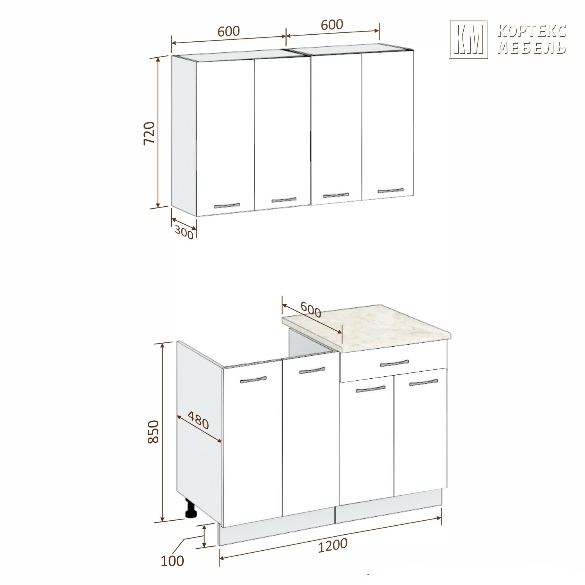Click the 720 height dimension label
tap(150, 133)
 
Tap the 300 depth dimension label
tap(184, 232)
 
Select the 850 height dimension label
tap(154, 431)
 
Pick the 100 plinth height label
tap(172, 561)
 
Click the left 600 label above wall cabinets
tap(229, 31)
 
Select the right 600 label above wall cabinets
tap(332, 24)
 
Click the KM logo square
tap(468, 39)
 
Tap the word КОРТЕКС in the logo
tap(532, 31)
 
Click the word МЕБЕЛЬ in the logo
tap(532, 48)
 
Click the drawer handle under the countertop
tap(394, 363)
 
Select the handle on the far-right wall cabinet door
tap(390, 190)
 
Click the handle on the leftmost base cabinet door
tap(253, 379)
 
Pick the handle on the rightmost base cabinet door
tap(424, 383)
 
